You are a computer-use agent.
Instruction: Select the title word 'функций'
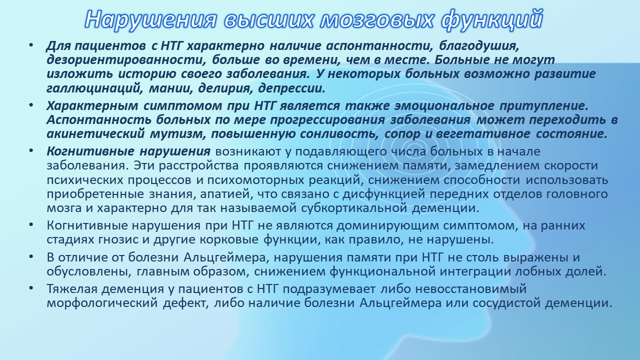click(491, 19)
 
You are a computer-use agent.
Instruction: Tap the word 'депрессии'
click(291, 89)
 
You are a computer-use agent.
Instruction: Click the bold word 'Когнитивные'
click(90, 151)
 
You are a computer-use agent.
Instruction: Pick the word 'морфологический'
click(102, 303)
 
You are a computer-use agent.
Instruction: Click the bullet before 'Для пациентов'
click(31, 45)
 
